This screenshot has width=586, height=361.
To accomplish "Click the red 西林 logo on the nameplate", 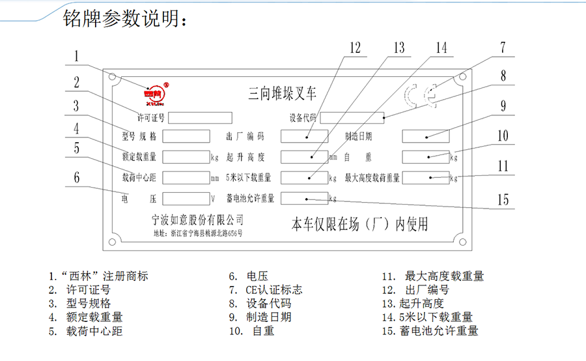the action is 155,94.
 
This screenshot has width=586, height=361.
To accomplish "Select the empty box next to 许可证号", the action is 200,118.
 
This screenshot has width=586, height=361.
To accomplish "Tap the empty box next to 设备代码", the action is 352,118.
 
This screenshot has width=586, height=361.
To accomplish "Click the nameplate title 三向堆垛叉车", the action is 282,93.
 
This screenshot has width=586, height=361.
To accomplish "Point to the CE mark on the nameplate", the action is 420,96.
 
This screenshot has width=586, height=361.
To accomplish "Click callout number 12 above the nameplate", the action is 355,48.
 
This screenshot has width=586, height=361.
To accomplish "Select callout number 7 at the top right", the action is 503,48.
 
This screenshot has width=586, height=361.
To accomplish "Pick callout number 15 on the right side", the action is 503,199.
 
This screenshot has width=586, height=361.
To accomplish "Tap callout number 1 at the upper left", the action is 76,56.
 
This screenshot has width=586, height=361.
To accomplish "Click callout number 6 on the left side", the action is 77,177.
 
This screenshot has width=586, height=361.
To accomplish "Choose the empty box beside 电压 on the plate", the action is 186,199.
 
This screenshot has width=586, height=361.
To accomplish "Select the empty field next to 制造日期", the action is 426,136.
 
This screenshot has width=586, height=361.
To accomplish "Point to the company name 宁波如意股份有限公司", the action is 198,220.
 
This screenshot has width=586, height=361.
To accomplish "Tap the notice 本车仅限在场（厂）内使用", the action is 359,224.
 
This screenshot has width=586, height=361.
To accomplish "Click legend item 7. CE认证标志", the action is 266,290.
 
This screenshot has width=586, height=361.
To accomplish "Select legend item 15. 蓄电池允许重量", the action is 430,330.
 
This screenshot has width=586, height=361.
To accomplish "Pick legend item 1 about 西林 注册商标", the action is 99,276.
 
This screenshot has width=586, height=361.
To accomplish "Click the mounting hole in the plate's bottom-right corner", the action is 463,242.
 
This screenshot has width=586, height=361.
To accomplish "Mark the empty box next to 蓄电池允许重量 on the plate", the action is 305,198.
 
